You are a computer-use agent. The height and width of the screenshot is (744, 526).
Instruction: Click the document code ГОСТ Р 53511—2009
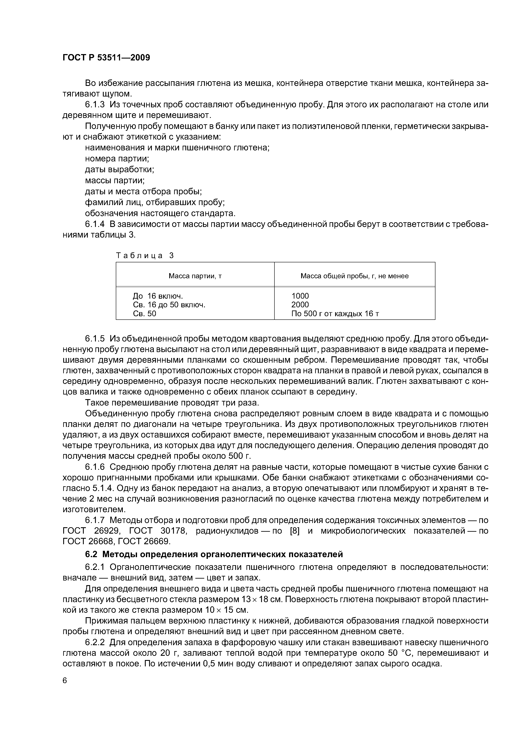[x=106, y=58]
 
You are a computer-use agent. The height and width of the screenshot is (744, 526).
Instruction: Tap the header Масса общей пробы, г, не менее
[x=355, y=276]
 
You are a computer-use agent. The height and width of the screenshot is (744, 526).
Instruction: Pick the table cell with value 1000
[x=300, y=296]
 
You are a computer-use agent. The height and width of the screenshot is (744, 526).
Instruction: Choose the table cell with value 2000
[x=300, y=305]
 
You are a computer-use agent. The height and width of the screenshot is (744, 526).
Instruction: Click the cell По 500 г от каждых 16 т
[x=335, y=314]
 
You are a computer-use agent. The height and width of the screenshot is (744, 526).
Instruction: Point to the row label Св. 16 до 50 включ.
[x=169, y=305]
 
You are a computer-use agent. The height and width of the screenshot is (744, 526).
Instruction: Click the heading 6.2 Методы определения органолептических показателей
[x=214, y=554]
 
